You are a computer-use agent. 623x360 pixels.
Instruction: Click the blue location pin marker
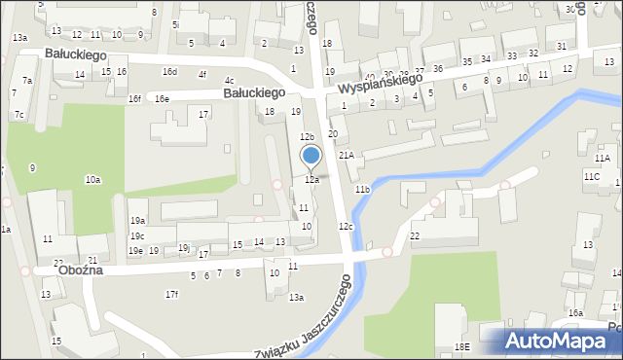click(x=311, y=157)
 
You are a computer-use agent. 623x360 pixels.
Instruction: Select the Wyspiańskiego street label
click(x=381, y=85)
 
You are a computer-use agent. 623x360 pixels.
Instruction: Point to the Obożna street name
click(x=82, y=271)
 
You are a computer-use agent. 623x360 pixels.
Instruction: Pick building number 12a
click(x=311, y=180)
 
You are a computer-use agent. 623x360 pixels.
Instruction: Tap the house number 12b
click(x=307, y=137)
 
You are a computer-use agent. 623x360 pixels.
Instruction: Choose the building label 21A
click(x=346, y=156)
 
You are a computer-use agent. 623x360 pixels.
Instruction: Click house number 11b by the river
click(x=362, y=189)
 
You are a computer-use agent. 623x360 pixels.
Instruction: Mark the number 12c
click(x=346, y=227)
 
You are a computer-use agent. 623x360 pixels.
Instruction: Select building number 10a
click(x=92, y=180)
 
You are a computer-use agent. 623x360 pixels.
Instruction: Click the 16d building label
click(x=169, y=72)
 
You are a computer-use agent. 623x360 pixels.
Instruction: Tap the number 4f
click(x=202, y=75)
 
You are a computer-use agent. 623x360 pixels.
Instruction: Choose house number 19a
click(x=138, y=221)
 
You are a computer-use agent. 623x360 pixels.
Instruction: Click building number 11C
click(x=591, y=176)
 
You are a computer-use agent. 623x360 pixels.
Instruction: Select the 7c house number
click(x=19, y=115)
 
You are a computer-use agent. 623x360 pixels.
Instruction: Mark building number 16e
click(x=162, y=99)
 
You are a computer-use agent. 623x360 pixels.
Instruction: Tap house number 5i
click(x=175, y=24)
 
